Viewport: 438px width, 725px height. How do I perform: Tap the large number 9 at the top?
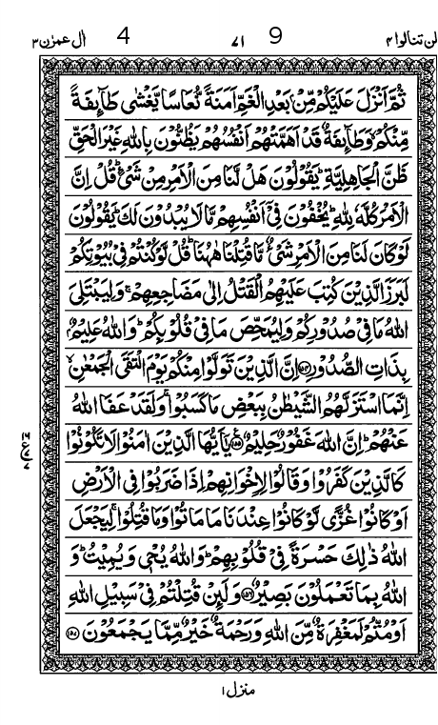coord(275,12)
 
